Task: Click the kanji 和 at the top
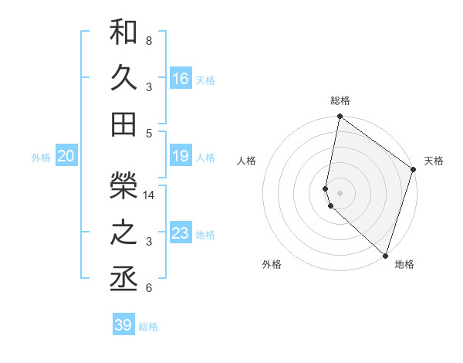123,32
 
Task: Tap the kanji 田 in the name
123,122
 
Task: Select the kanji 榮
123,183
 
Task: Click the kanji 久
123,76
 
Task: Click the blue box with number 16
181,79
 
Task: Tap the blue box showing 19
181,157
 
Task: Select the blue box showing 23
181,233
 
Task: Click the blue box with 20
66,157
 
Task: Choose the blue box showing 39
123,325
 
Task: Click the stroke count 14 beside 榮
150,195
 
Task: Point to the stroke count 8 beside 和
148,40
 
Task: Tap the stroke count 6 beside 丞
148,289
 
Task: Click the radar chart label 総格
340,100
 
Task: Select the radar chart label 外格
271,264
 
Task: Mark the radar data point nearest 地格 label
385,255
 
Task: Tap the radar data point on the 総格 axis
340,117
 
